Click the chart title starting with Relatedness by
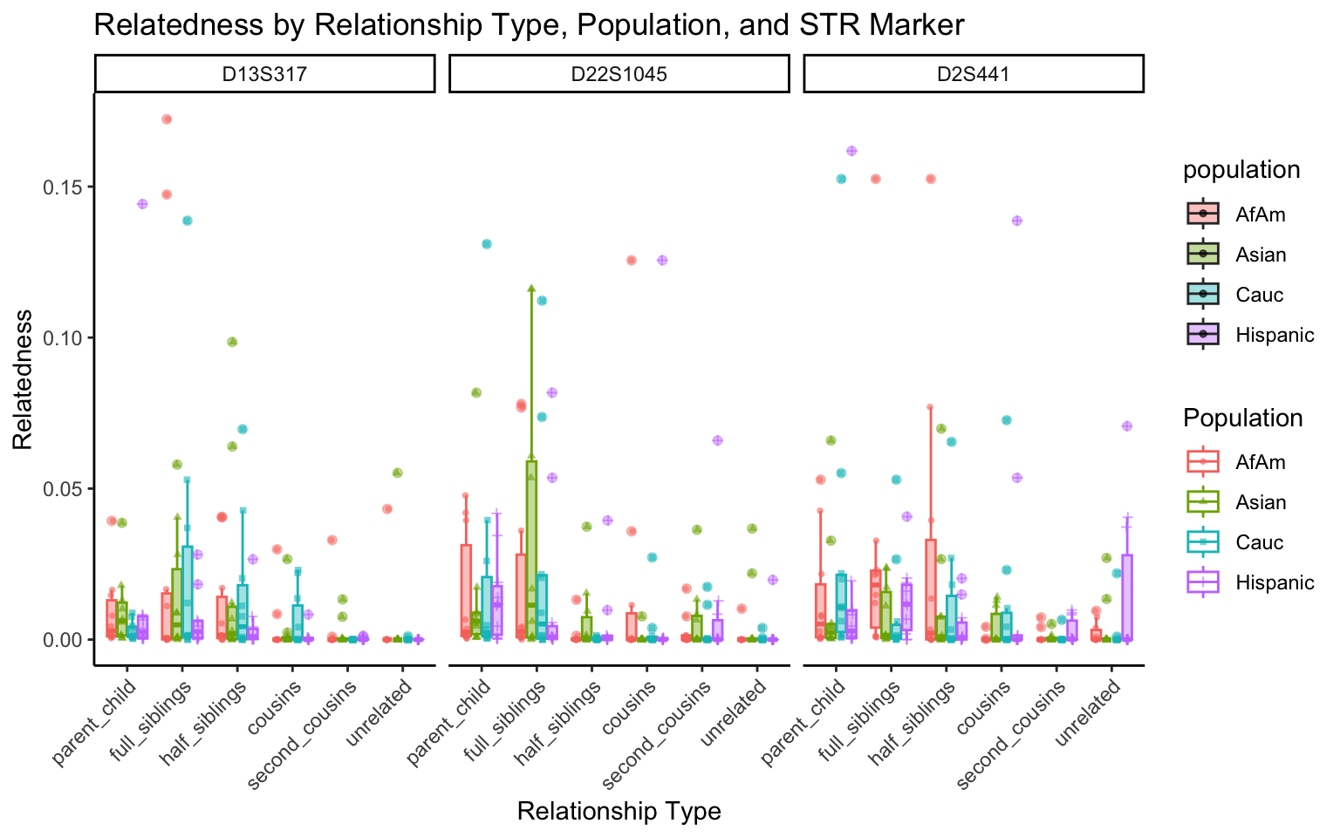(x=529, y=25)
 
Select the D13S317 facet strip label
(x=264, y=74)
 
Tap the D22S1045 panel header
(x=619, y=74)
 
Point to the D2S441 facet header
(x=973, y=74)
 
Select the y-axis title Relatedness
(x=23, y=379)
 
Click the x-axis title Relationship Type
(x=619, y=812)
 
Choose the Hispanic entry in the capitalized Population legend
(x=1275, y=582)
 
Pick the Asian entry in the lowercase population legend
(x=1261, y=255)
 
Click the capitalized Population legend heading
(x=1243, y=418)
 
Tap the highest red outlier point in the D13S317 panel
(x=167, y=119)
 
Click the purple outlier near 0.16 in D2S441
(x=851, y=151)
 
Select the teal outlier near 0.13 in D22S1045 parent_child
(x=487, y=244)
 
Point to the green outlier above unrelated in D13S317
(x=397, y=473)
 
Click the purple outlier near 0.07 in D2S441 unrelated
(x=1127, y=425)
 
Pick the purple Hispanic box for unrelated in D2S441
(x=1127, y=596)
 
